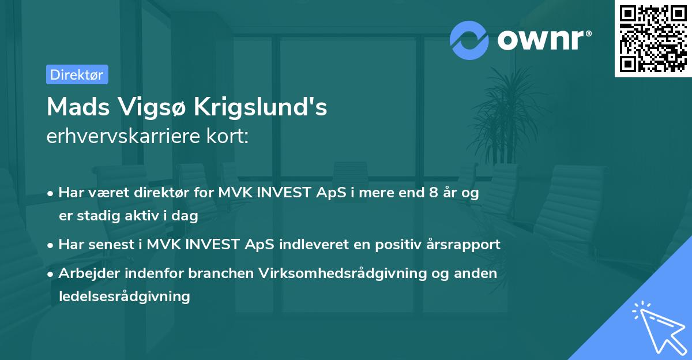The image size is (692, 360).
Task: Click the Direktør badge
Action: (x=77, y=75)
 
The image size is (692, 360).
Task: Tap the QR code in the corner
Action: (x=653, y=39)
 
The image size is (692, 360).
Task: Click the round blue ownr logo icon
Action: (x=469, y=40)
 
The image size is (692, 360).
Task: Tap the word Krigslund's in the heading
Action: (x=261, y=107)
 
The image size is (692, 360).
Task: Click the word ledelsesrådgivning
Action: (x=124, y=297)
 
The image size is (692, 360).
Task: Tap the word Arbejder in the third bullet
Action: (x=84, y=273)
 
